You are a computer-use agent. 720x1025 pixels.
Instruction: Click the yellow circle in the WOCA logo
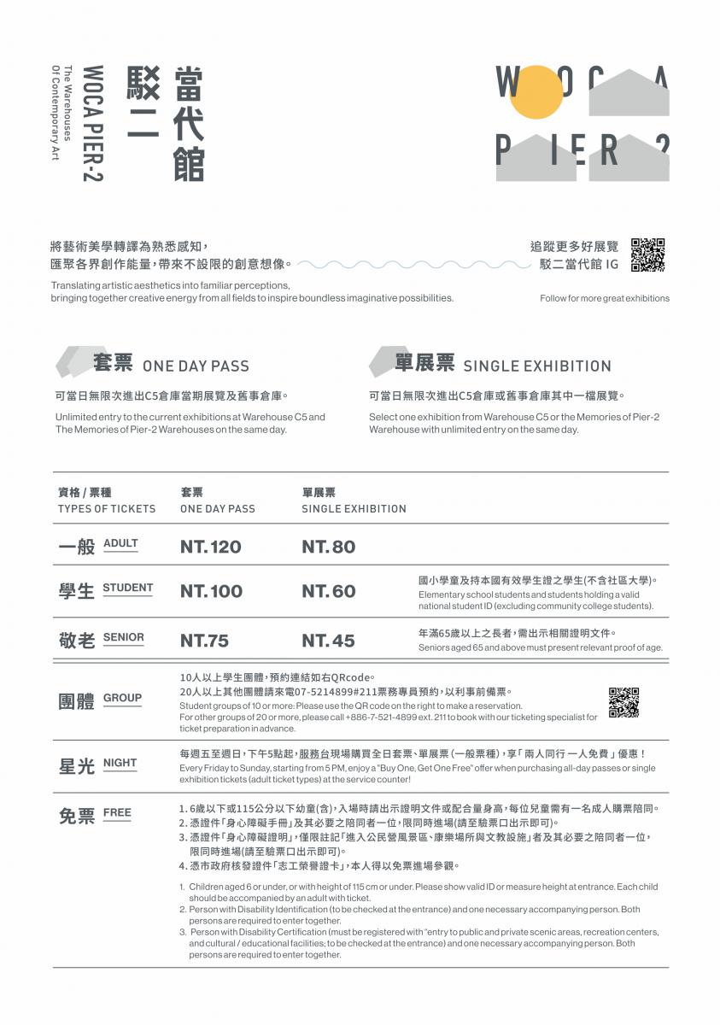click(x=536, y=92)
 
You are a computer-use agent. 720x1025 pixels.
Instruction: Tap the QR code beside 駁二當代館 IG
click(x=647, y=255)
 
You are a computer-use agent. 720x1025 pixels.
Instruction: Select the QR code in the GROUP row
click(x=623, y=702)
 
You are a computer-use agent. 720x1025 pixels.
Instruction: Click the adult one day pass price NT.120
click(x=210, y=548)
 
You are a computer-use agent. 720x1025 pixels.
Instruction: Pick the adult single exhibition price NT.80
click(x=328, y=548)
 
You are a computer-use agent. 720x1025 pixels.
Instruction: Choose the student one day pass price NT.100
click(x=211, y=591)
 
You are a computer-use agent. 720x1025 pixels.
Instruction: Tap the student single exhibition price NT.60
click(x=328, y=591)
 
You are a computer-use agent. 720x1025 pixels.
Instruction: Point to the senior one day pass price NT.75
click(x=204, y=641)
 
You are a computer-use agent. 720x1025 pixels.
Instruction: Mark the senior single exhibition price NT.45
click(x=328, y=641)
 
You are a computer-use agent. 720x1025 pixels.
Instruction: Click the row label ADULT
click(x=120, y=543)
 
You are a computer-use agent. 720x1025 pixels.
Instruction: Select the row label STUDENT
click(x=127, y=588)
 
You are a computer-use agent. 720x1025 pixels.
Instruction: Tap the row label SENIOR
click(x=124, y=637)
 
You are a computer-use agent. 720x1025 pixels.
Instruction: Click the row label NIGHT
click(x=120, y=763)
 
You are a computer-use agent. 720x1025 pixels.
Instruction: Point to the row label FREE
click(x=117, y=812)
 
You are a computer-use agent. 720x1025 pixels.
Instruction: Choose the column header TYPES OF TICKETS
click(x=107, y=509)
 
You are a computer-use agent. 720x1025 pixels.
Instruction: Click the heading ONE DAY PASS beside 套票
click(x=196, y=366)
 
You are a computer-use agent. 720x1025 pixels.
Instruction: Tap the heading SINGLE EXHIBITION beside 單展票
click(x=537, y=366)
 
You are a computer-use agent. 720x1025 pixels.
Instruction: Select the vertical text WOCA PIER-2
click(x=93, y=123)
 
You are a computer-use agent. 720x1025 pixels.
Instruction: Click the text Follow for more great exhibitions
click(x=605, y=298)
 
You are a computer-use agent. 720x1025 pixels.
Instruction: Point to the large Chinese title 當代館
click(x=189, y=123)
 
